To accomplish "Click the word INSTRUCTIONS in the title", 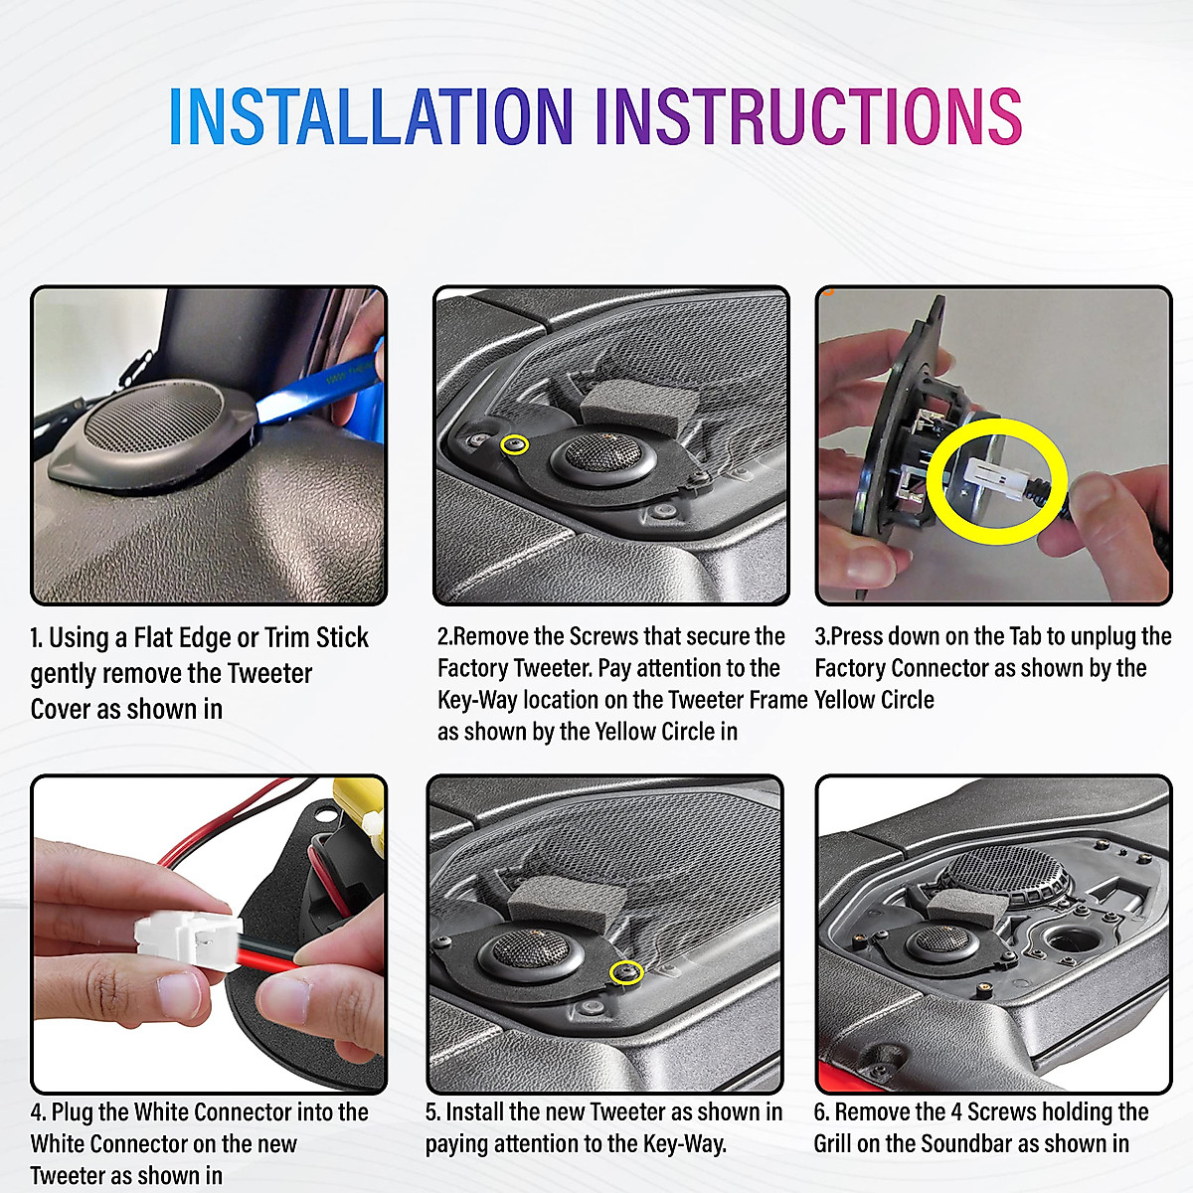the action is coord(808,115).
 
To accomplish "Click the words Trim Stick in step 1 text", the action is coord(316,637).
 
